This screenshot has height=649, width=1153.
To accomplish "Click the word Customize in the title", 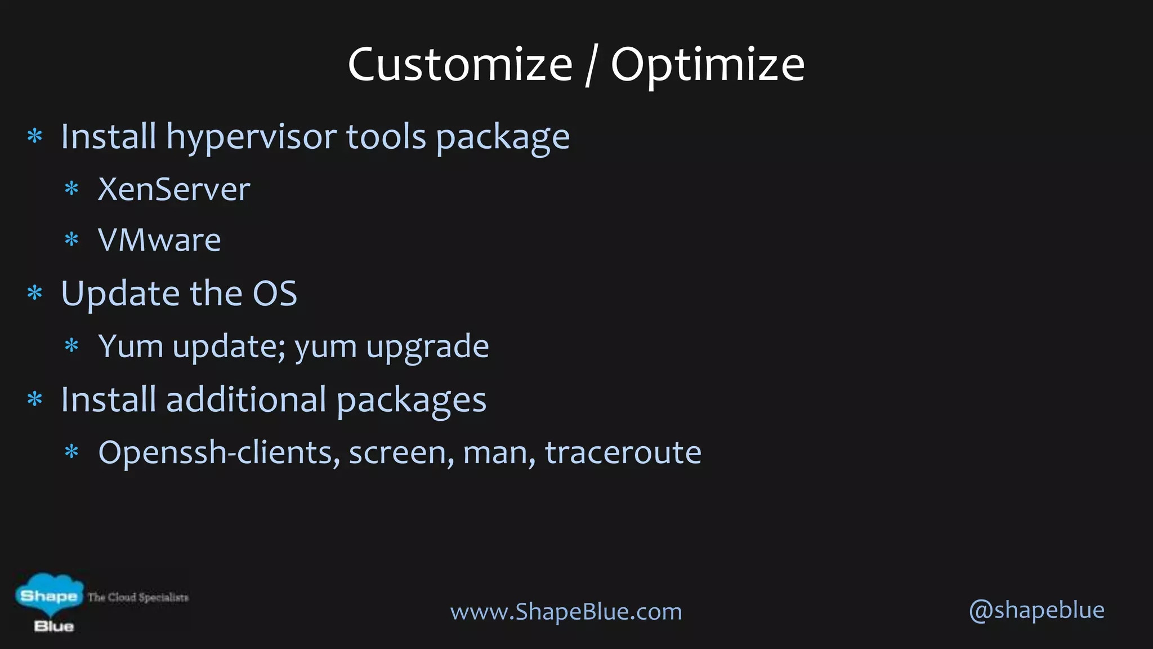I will pos(460,65).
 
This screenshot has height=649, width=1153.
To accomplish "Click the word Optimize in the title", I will pos(708,65).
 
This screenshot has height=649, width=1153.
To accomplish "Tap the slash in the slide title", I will pos(591,66).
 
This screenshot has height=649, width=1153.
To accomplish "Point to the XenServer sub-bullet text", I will pos(174,189).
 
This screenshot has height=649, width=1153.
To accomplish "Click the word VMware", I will pos(159,240).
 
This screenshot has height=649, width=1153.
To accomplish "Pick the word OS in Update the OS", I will pos(275,294).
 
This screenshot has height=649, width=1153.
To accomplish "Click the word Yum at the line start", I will pos(131,346).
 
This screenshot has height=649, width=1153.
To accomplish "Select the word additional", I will pos(246,399).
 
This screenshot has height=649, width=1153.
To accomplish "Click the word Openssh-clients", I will pos(220,452).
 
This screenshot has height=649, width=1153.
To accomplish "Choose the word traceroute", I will pos(623,452).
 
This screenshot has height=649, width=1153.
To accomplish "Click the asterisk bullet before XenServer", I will pos(71,189).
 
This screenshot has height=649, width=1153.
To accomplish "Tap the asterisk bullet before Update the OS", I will pos(35,293).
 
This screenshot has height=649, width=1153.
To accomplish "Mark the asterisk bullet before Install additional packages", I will pos(35,399).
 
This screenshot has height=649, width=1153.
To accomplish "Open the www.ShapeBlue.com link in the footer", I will pos(566,612).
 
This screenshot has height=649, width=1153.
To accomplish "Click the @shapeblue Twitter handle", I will pos(1036,610).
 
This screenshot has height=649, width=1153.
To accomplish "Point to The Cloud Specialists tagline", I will pos(138,597).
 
